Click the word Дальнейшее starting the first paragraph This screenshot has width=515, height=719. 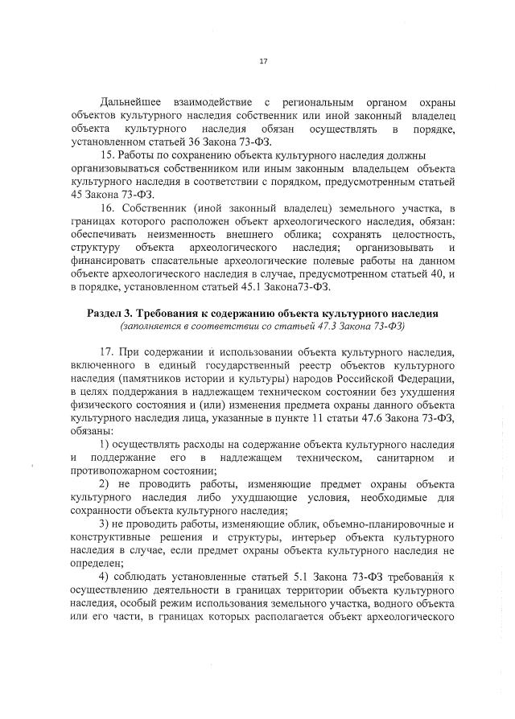click(x=130, y=102)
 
